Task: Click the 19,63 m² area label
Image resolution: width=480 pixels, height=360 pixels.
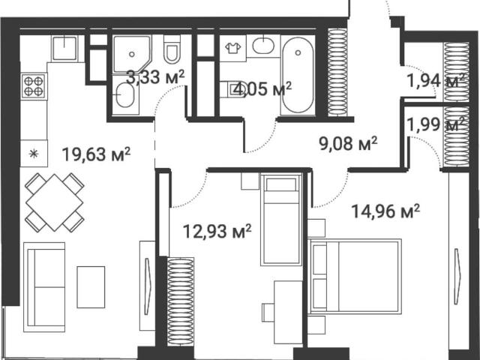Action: [97, 154]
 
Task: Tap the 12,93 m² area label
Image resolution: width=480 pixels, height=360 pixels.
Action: [217, 231]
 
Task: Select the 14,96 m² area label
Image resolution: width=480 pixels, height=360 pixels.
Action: [385, 211]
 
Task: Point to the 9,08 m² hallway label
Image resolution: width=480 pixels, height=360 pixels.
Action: [348, 143]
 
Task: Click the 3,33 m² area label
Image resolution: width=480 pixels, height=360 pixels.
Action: [155, 76]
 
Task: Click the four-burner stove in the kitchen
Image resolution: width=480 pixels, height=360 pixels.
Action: [33, 86]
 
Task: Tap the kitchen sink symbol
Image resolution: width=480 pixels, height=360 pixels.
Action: [64, 48]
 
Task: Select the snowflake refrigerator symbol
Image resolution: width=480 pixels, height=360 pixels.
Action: [34, 153]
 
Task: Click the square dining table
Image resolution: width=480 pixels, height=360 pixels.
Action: [55, 202]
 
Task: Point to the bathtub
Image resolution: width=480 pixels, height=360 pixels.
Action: [298, 76]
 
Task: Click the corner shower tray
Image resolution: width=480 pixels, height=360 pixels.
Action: [132, 55]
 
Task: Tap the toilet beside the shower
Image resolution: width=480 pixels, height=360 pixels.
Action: [172, 49]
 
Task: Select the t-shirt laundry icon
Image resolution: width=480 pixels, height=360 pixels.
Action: [233, 48]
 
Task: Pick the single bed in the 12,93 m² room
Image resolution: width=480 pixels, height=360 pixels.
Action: [280, 220]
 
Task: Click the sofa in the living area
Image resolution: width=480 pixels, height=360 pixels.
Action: [45, 287]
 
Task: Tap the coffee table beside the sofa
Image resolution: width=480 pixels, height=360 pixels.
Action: [91, 286]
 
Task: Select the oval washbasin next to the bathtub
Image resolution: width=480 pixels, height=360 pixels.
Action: [263, 46]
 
